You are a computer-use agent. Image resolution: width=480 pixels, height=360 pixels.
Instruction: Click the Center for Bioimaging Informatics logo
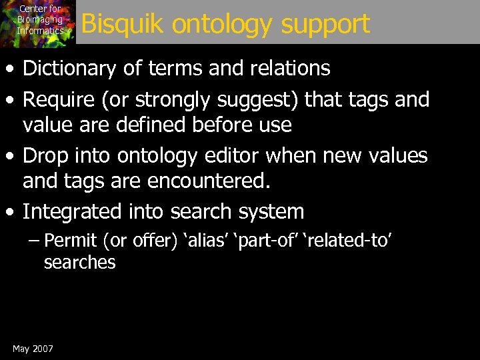coord(38,23)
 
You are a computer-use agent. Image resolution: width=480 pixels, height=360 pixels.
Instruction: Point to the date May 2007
coord(33,349)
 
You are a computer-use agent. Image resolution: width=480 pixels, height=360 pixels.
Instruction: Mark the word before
coord(217,124)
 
